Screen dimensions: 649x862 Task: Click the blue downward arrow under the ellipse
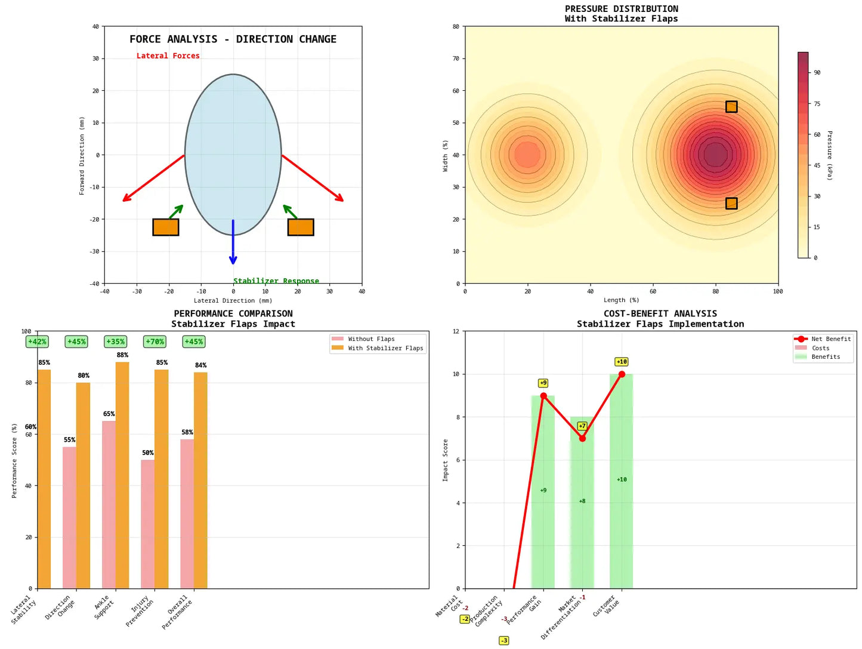[233, 242]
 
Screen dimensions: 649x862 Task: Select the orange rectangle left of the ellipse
[166, 227]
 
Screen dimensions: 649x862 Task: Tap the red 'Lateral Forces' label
[168, 56]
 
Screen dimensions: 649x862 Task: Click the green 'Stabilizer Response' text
[276, 281]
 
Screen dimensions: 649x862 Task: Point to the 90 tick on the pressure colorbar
[817, 73]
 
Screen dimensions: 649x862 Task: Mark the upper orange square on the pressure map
[731, 107]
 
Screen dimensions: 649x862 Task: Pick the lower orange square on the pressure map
[731, 204]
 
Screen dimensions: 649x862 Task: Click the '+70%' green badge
[155, 342]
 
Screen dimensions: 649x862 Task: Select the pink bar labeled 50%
[148, 524]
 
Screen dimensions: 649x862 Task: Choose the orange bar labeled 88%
[122, 475]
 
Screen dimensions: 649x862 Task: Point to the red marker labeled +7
[582, 438]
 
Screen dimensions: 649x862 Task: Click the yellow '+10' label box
[622, 362]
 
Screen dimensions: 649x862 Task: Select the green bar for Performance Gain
[543, 492]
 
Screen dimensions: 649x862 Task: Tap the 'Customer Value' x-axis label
[607, 605]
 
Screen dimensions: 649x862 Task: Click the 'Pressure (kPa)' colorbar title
[830, 155]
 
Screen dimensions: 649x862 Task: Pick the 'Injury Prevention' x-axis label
[140, 610]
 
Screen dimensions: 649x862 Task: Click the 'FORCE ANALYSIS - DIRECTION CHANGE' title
[233, 39]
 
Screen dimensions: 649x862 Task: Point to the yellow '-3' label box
[504, 641]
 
